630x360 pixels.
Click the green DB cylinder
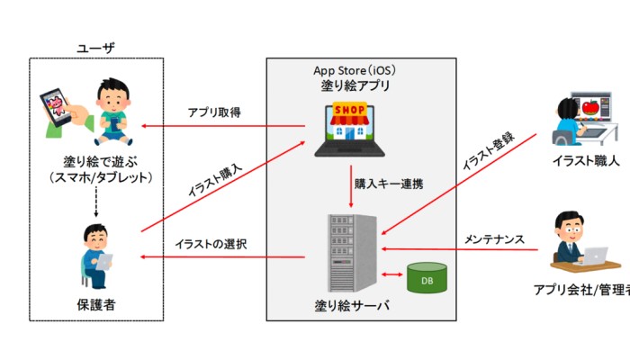[x=425, y=278]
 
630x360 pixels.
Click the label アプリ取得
[x=213, y=112]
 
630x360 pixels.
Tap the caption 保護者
[x=96, y=306]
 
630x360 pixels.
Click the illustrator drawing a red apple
[x=580, y=119]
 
